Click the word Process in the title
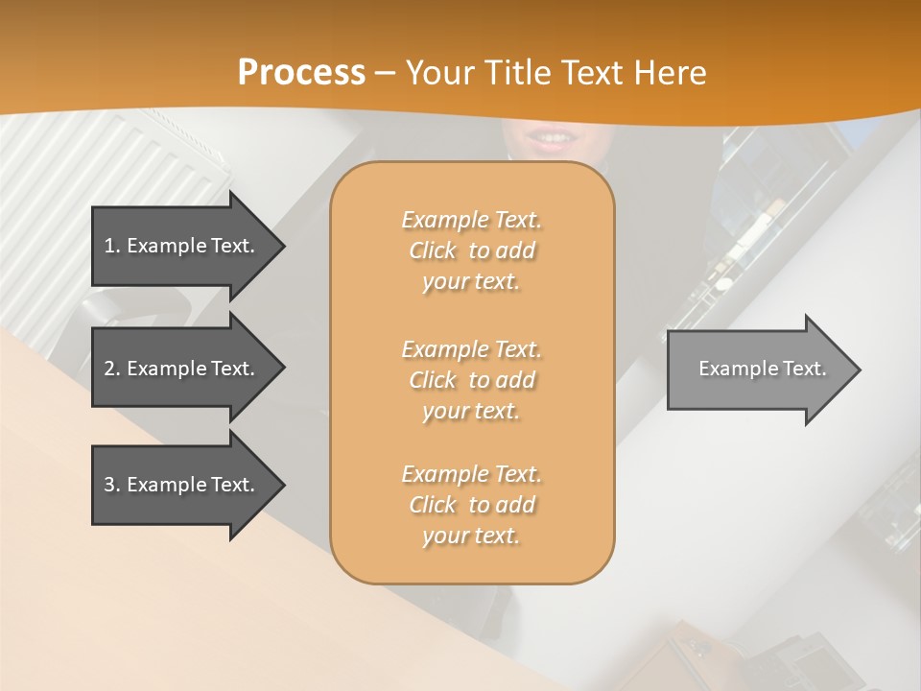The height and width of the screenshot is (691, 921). pos(301,73)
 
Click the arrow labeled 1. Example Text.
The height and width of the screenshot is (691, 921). pos(182,246)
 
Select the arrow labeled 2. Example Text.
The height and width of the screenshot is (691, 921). pos(182,369)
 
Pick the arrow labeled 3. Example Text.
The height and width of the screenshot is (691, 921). pos(182,485)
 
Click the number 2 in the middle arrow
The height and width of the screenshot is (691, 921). pos(109,369)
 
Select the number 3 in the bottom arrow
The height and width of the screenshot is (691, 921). pos(109,485)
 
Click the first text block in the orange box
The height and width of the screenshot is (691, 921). pos(471,250)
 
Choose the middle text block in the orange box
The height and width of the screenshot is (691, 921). pos(471,380)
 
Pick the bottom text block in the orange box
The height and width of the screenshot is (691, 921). pos(471,505)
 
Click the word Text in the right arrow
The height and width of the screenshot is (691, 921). pos(804,369)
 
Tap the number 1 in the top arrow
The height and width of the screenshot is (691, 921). pos(109,246)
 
